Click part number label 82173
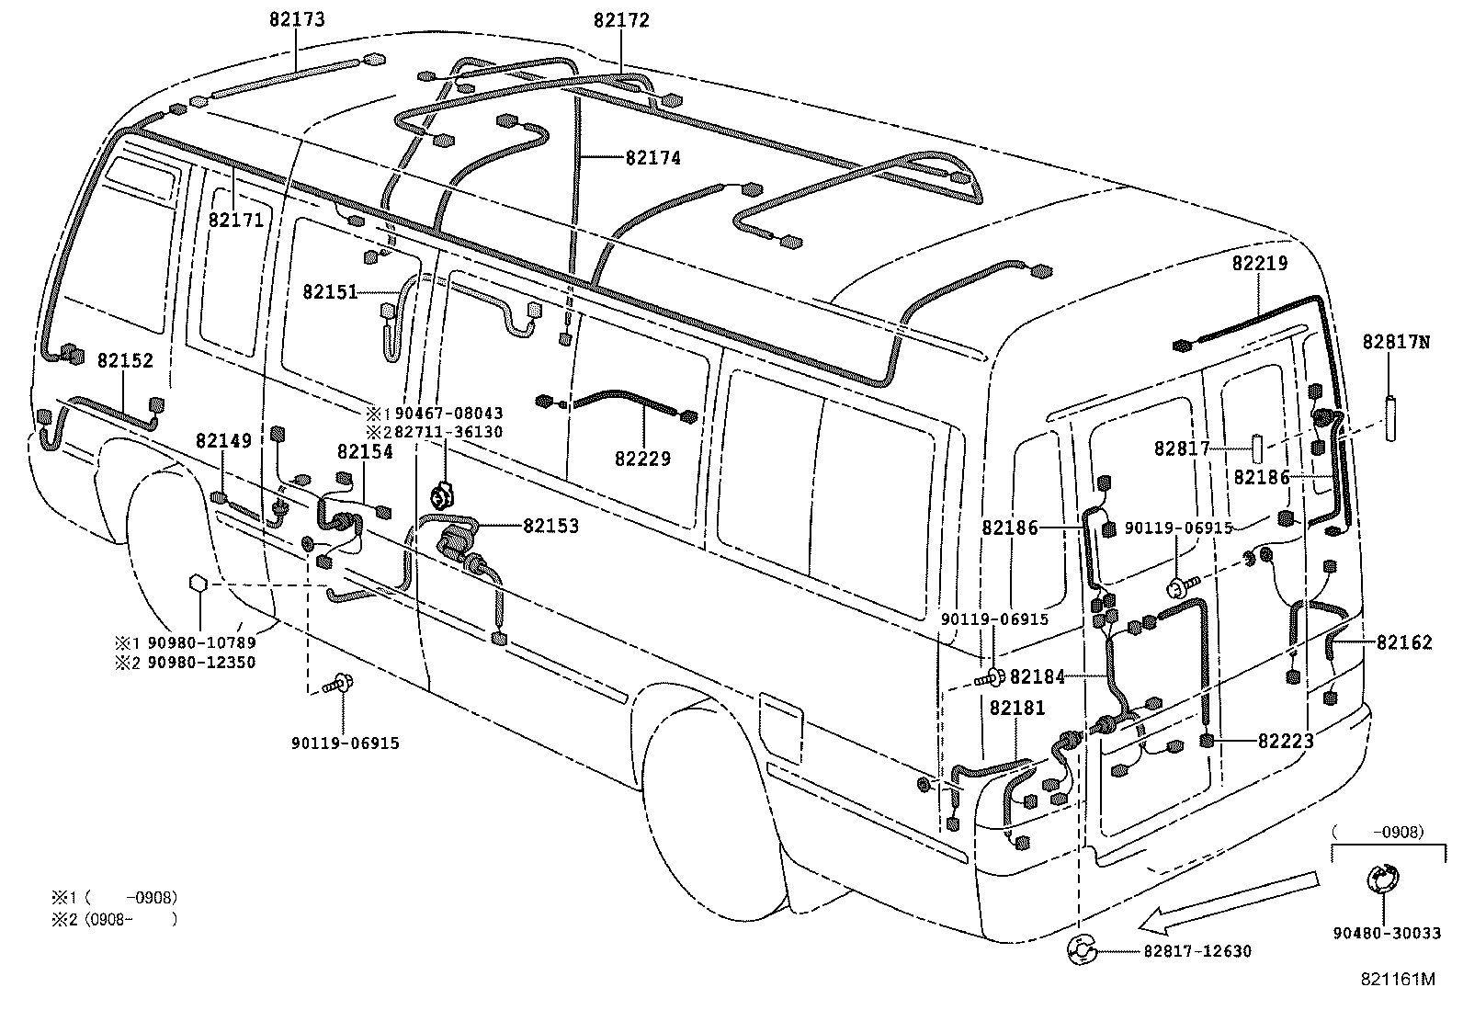click(x=297, y=19)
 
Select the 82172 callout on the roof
click(x=621, y=19)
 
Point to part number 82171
click(x=236, y=220)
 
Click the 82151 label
click(x=330, y=291)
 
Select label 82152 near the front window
click(x=125, y=361)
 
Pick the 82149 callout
click(x=223, y=441)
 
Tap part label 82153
click(x=551, y=526)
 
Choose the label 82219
click(x=1260, y=263)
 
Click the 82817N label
click(x=1396, y=342)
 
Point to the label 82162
click(x=1403, y=643)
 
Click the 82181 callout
click(x=1017, y=709)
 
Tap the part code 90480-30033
click(x=1388, y=934)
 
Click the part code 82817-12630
click(x=1197, y=951)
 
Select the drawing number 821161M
click(x=1398, y=980)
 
